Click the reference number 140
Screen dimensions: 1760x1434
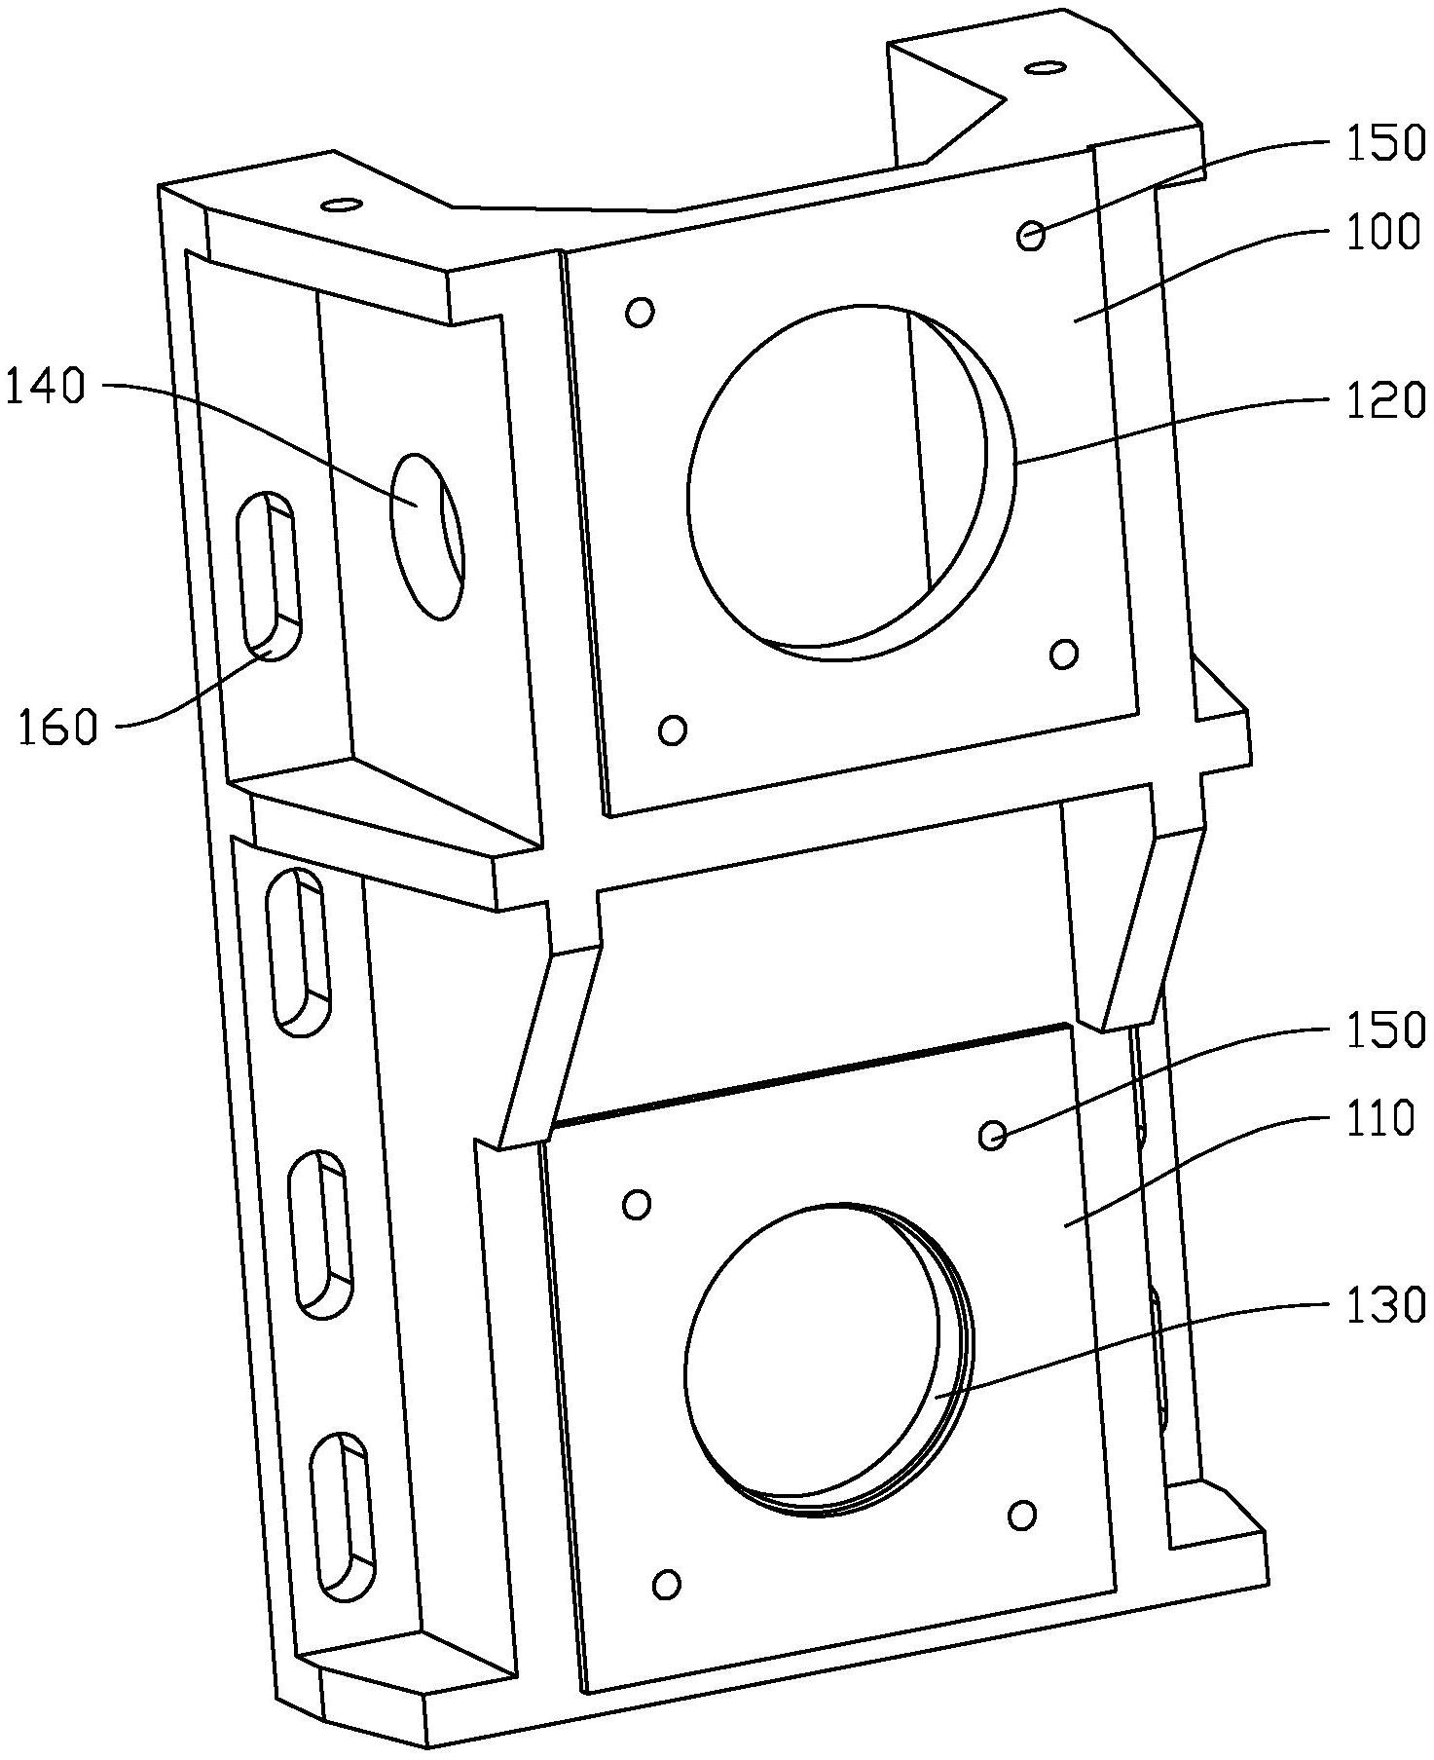[47, 388]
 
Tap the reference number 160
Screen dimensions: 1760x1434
[58, 728]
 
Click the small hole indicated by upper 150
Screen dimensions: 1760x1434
[1031, 235]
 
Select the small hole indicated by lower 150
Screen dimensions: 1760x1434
[991, 1135]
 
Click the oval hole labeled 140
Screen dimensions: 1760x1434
[425, 536]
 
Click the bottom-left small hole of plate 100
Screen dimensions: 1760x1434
[672, 730]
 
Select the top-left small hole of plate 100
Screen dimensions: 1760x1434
[640, 313]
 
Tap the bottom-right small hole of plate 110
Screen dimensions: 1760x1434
[1022, 1515]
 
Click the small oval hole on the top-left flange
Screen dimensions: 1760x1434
[342, 205]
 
